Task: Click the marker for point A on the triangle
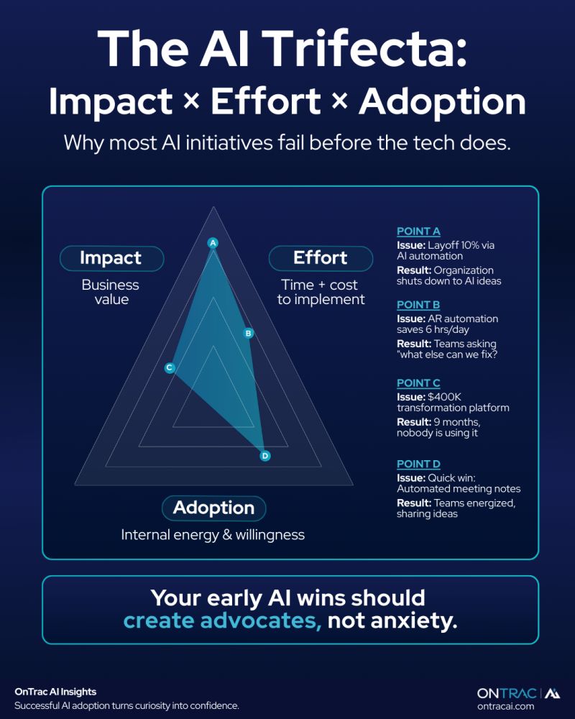pyautogui.click(x=213, y=243)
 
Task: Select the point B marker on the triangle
pyautogui.click(x=248, y=333)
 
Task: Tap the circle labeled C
pyautogui.click(x=170, y=367)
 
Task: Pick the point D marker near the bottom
pyautogui.click(x=264, y=455)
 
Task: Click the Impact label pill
pyautogui.click(x=111, y=258)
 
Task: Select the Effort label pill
pyautogui.click(x=321, y=258)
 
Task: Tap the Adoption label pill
pyautogui.click(x=213, y=508)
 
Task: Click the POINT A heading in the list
pyautogui.click(x=418, y=232)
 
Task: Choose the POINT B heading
pyautogui.click(x=418, y=305)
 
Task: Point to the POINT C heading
pyautogui.click(x=418, y=383)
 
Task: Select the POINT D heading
pyautogui.click(x=418, y=464)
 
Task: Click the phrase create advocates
pyautogui.click(x=222, y=620)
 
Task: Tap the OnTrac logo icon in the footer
pyautogui.click(x=553, y=692)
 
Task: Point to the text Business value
pyautogui.click(x=111, y=291)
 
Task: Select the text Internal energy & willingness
pyautogui.click(x=213, y=534)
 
